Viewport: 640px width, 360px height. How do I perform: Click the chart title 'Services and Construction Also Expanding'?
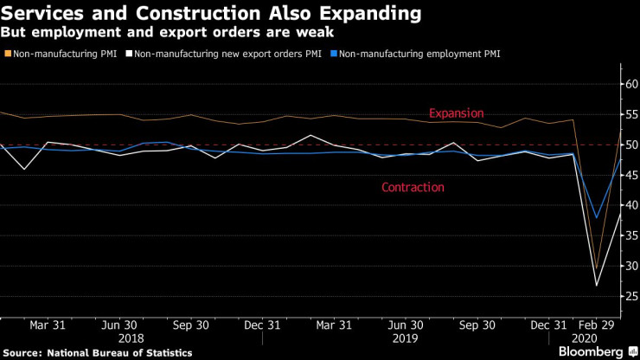pyautogui.click(x=213, y=15)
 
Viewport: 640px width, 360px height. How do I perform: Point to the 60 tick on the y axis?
pyautogui.click(x=627, y=85)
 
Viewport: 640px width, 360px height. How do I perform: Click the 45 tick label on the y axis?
pyautogui.click(x=627, y=176)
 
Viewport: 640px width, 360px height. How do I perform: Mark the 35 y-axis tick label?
pyautogui.click(x=627, y=236)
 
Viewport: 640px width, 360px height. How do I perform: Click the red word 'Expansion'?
pyautogui.click(x=457, y=113)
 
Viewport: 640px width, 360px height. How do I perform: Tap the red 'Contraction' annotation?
pyautogui.click(x=413, y=187)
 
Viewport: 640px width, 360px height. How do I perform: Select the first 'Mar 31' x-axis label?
pyautogui.click(x=48, y=325)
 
